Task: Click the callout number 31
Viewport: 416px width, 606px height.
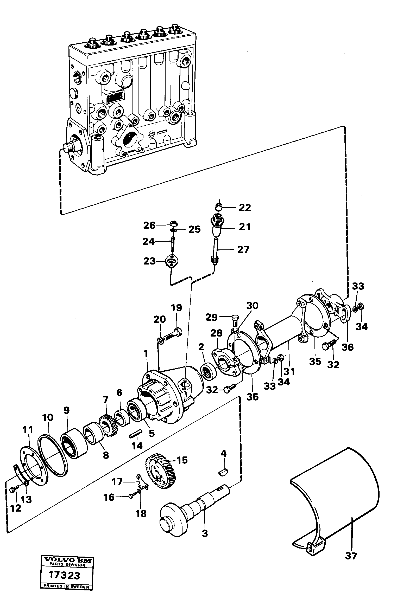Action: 289,371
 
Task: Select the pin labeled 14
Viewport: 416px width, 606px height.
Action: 136,434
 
